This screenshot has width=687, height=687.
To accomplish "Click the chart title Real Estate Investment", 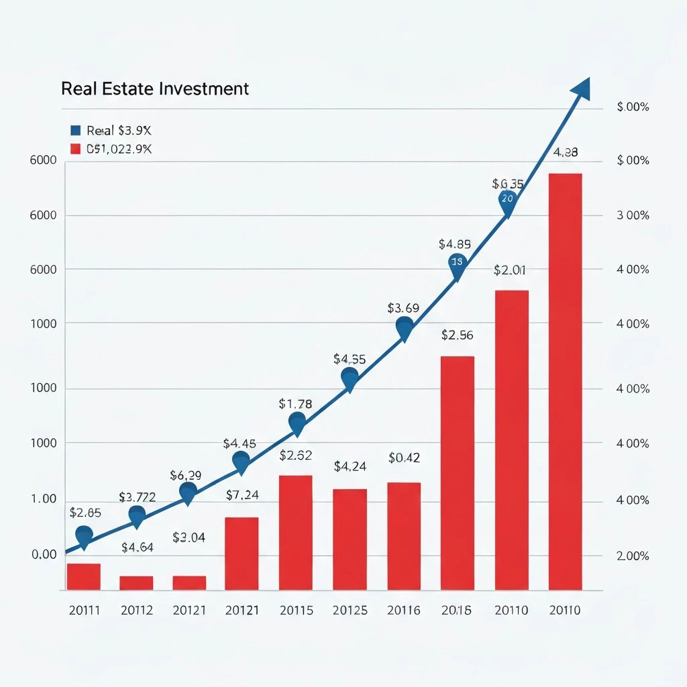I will click(155, 89).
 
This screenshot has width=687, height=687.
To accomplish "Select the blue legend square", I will click(75, 130).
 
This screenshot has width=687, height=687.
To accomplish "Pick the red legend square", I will click(75, 149).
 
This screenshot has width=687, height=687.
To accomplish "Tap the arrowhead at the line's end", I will click(580, 89).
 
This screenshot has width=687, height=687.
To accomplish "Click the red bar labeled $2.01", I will click(511, 439).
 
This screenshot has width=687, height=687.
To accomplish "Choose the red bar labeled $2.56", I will click(457, 472).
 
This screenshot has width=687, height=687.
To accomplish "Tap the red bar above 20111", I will click(83, 576).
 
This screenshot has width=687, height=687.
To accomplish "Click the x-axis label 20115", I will click(296, 611).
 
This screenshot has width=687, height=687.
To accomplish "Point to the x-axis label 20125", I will click(350, 611).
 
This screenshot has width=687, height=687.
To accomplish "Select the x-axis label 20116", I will click(404, 611).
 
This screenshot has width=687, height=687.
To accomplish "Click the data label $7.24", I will click(242, 496).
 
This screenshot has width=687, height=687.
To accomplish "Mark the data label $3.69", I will click(403, 309).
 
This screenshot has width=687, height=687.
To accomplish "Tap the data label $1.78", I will click(295, 404).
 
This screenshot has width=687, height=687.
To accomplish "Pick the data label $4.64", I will click(138, 547).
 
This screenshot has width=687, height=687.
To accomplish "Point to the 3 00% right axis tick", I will click(633, 215).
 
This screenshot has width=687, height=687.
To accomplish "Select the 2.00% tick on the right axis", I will click(633, 556).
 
